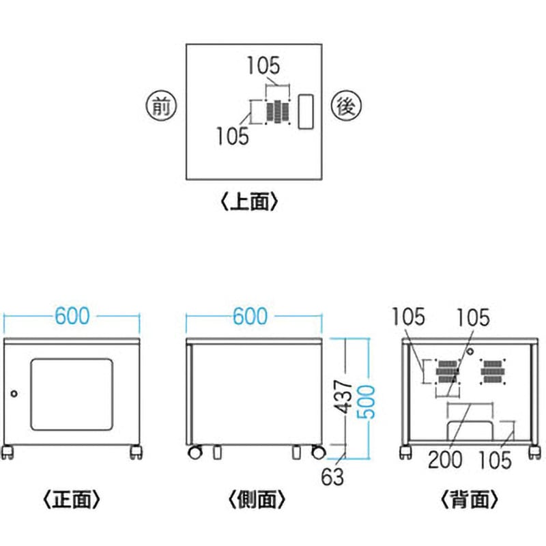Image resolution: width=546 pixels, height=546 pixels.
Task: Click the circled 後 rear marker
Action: click(345, 106)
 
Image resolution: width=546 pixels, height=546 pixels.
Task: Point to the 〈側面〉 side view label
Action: click(253, 500)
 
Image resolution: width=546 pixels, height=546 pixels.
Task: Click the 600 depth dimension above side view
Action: click(253, 317)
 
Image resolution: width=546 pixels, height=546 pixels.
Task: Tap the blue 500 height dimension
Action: click(369, 397)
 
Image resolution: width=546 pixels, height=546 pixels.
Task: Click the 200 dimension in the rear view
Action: click(444, 459)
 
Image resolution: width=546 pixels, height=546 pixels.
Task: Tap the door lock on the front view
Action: click(14, 393)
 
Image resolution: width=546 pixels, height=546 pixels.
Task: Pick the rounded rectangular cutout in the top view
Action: click(305, 111)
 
